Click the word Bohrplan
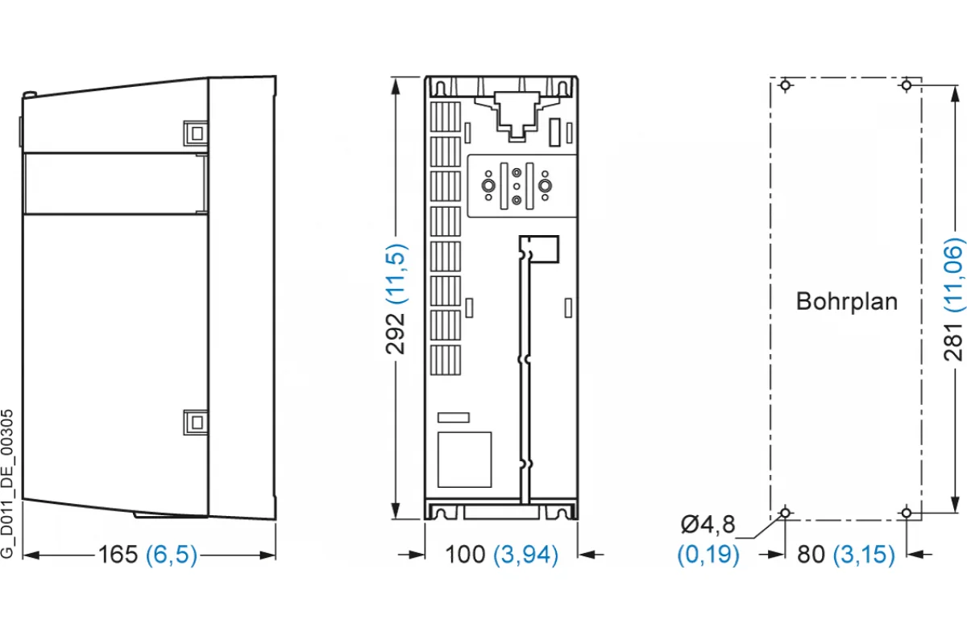pos(847,301)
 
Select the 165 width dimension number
pos(118,555)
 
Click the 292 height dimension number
pos(396,334)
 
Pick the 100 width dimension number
pos(465,555)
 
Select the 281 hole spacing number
pos(953,341)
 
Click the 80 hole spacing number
pos(811,555)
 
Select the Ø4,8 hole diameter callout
pos(708,525)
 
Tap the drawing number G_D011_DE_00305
pos(7,484)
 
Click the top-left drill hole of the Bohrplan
pos(785,85)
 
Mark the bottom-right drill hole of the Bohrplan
pos(907,513)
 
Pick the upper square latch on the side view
pos(196,133)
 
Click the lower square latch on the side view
pos(196,423)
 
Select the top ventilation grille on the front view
pos(445,117)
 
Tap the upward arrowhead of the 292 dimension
pos(396,86)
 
